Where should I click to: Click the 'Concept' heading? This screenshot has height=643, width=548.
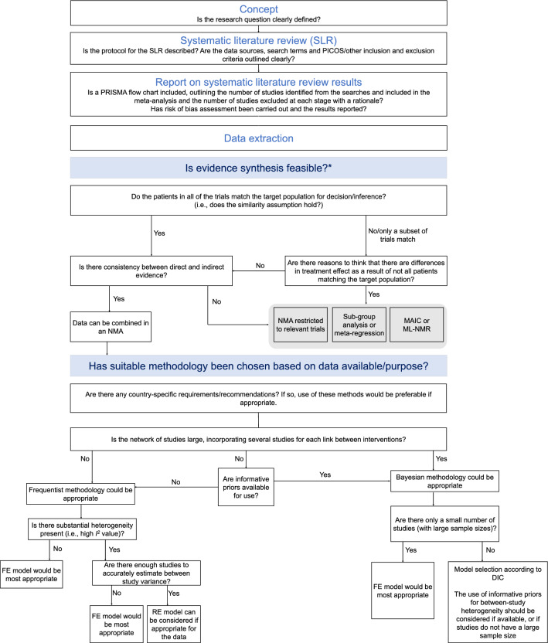click(x=258, y=9)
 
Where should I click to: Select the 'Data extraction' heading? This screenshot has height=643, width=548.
click(x=258, y=138)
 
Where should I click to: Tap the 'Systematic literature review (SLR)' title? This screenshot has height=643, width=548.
click(x=258, y=41)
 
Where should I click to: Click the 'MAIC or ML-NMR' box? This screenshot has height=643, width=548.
click(x=417, y=325)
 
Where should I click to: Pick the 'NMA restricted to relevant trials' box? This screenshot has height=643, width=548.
click(x=301, y=325)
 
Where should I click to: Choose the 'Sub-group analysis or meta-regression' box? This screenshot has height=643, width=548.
click(x=359, y=325)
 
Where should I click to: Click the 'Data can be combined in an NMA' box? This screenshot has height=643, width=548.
click(x=111, y=327)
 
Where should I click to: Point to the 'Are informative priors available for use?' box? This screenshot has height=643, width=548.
click(x=246, y=487)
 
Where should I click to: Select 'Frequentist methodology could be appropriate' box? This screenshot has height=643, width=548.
click(x=80, y=494)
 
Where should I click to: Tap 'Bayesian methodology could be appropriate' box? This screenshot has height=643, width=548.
click(x=444, y=481)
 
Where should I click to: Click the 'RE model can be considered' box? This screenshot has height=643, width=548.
click(x=173, y=624)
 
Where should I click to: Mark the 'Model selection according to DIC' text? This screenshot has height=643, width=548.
click(x=498, y=573)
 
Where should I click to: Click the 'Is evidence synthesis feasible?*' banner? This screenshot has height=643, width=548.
click(x=258, y=168)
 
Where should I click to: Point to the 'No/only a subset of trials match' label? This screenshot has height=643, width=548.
click(x=397, y=235)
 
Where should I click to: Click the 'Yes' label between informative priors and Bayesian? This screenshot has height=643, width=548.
click(x=325, y=475)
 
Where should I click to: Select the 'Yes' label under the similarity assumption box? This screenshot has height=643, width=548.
click(x=159, y=233)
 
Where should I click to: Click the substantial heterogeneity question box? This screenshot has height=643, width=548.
click(x=82, y=529)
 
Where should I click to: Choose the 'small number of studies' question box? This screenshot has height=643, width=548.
click(x=444, y=524)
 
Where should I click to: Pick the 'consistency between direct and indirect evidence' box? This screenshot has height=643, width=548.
click(x=151, y=270)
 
